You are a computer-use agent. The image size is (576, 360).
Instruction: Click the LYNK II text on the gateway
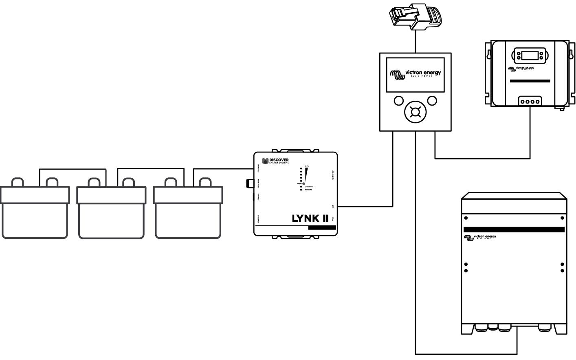tap(310, 218)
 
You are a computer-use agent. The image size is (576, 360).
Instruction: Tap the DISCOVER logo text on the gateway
tap(279, 161)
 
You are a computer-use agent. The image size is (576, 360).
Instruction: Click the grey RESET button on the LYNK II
tap(303, 184)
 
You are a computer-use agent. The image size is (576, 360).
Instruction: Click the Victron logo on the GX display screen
tap(415, 73)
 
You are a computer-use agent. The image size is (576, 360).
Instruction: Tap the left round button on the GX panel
tap(398, 100)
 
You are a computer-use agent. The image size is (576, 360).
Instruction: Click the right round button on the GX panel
tap(432, 100)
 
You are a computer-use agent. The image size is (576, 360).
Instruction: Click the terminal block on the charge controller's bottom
tap(530, 102)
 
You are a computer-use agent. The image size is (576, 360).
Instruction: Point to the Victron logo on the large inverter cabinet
tap(479, 237)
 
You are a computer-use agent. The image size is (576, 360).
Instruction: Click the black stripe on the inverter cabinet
tap(514, 230)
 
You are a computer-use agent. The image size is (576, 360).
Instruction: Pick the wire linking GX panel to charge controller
tap(483, 158)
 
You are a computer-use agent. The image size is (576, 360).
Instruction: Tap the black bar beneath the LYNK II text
tap(322, 228)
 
